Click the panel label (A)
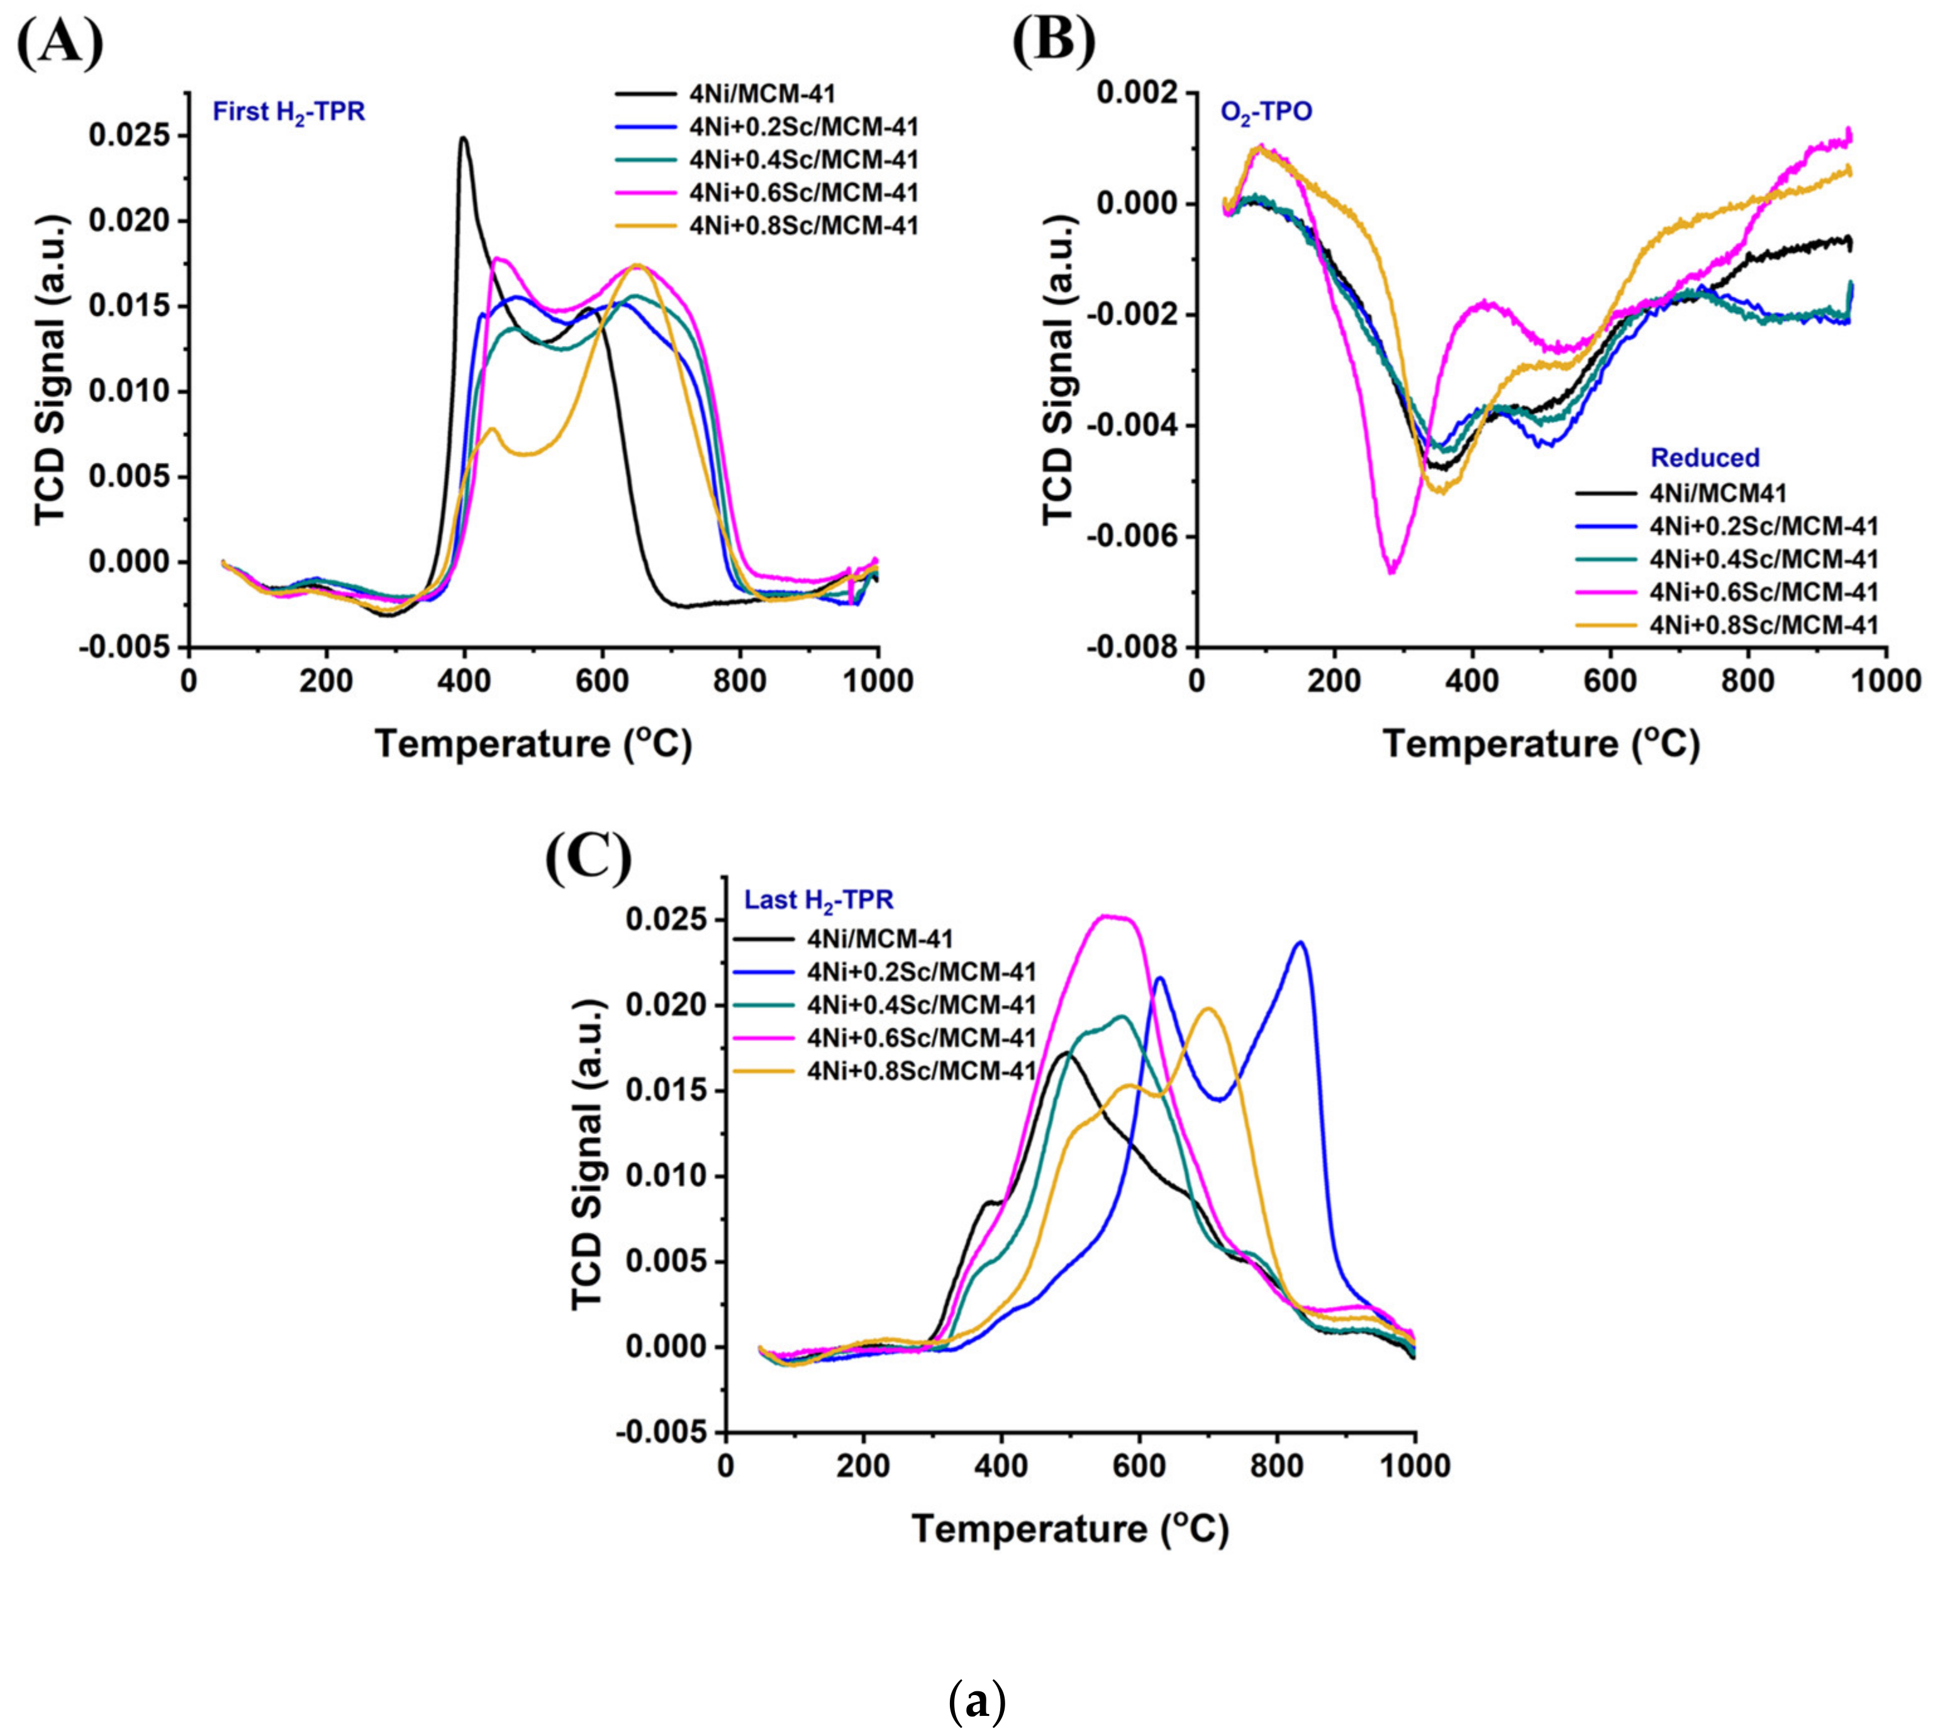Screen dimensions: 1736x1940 point(59,41)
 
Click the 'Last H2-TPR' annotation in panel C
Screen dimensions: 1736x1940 point(818,899)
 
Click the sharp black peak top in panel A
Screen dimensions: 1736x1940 point(464,139)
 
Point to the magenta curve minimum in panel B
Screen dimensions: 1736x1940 point(1393,570)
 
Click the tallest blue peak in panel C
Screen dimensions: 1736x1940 point(1300,943)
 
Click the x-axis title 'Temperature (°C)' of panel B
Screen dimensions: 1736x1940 point(1541,744)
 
